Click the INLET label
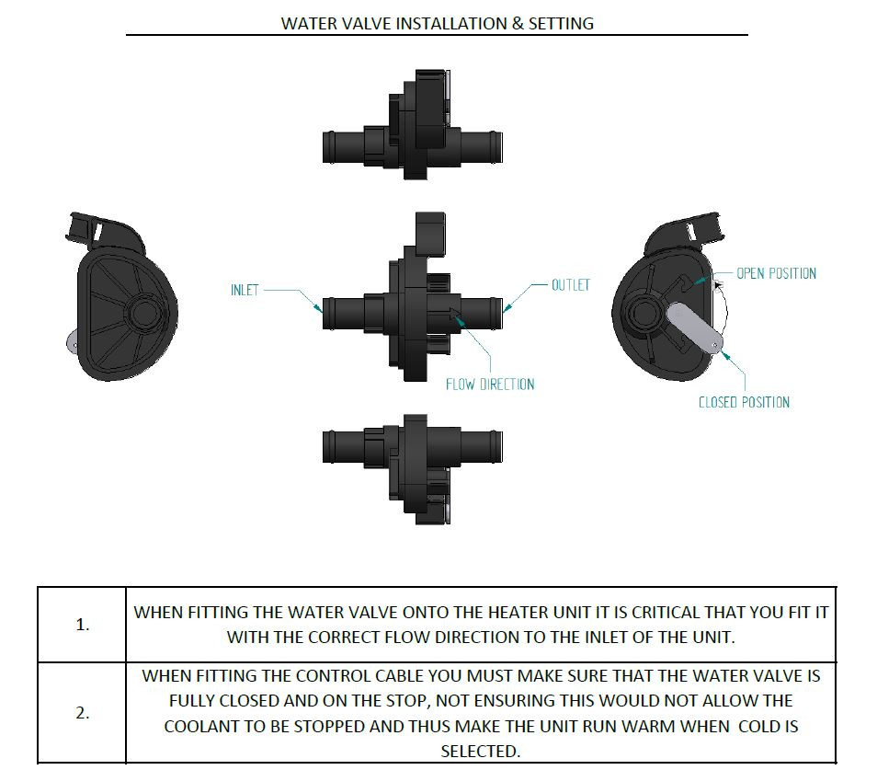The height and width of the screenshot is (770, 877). coord(245,290)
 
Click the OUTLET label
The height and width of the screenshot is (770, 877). coord(571,285)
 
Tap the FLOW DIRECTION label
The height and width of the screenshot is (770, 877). coord(490,385)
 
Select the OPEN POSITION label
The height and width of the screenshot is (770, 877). coord(776,273)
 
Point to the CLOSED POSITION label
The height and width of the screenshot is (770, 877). coord(744,402)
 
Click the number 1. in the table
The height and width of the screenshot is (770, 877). coord(83,625)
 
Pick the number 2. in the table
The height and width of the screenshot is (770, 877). coord(83,713)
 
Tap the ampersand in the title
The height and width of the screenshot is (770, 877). coord(518,24)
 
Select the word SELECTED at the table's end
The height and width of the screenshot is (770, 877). coord(480,751)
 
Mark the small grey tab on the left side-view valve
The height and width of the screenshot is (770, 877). coord(73,340)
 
